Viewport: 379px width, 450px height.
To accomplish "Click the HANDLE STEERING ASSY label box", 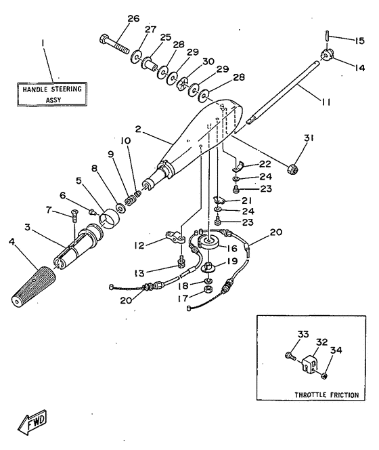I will click(51, 94).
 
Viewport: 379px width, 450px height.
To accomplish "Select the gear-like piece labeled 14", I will click(329, 56).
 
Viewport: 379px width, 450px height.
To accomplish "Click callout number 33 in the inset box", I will click(302, 333).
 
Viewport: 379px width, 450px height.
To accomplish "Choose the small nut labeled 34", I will click(325, 375).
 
